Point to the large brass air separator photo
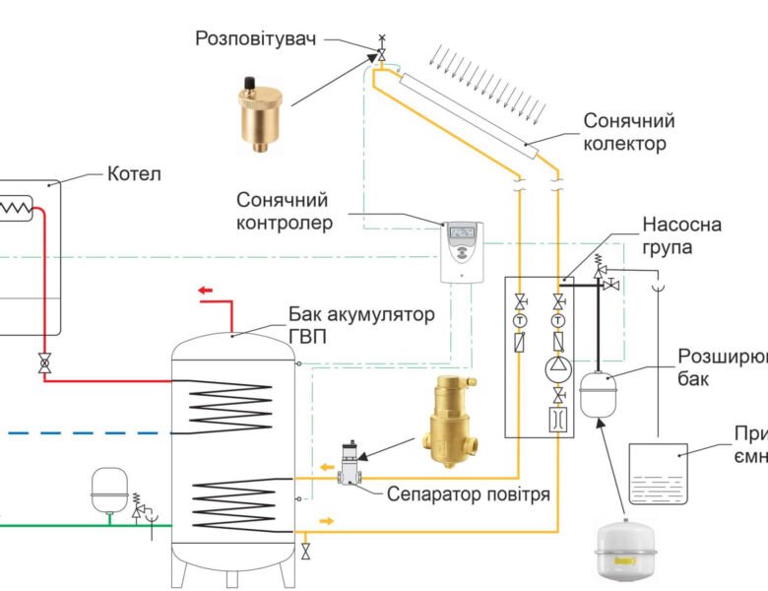point(450,425)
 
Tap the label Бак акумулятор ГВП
point(359,325)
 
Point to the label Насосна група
point(681,236)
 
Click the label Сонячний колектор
point(628,132)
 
